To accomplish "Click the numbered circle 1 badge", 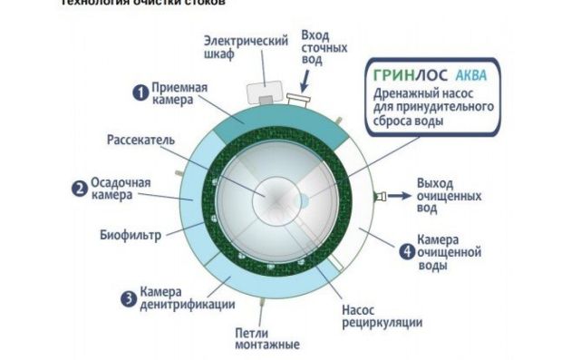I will click(140, 92).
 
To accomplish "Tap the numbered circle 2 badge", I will click(80, 189).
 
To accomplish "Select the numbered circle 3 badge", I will click(130, 297).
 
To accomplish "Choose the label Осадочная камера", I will click(120, 189).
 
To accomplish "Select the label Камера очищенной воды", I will click(448, 251).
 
